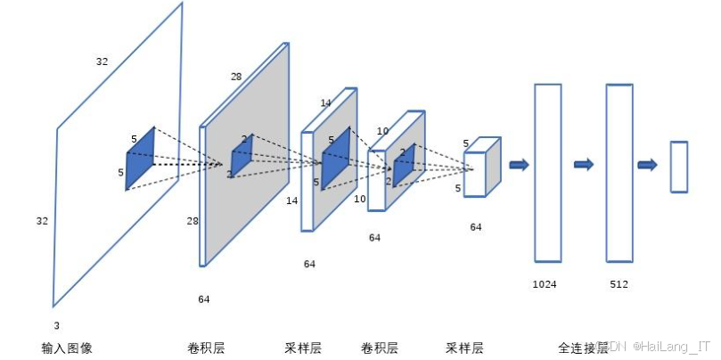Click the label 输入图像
67,348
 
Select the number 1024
545,284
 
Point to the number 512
619,284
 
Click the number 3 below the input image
56,325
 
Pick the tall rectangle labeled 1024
547,172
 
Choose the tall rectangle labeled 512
619,172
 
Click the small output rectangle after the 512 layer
679,167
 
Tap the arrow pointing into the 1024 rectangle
519,164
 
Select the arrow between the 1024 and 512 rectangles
584,164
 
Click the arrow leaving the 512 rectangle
648,164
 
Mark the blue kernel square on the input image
140,158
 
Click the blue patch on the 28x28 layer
242,155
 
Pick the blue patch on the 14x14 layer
335,158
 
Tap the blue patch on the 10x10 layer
404,164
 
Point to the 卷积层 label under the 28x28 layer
206,348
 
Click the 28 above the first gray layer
236,77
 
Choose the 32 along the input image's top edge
102,61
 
